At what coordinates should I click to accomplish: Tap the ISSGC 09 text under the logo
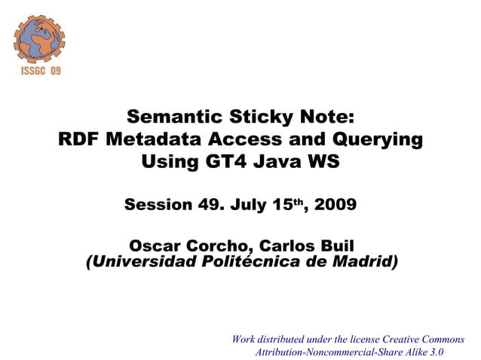(x=39, y=71)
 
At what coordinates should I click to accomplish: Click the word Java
(x=277, y=161)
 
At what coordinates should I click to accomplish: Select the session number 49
(x=208, y=205)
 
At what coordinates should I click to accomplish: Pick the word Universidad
(x=142, y=262)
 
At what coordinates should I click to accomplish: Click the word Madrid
(x=362, y=262)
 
